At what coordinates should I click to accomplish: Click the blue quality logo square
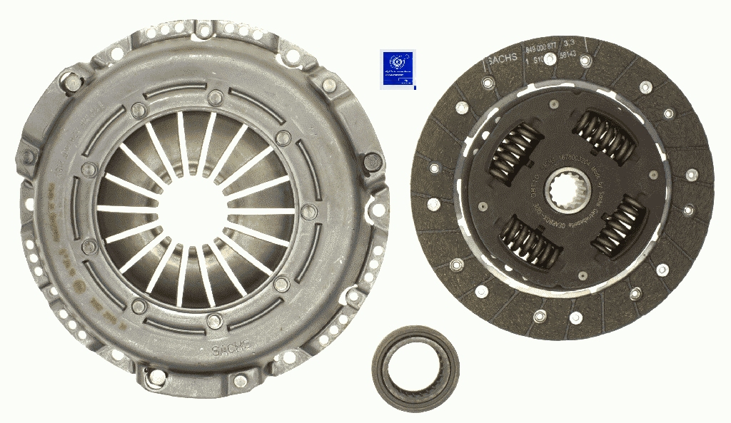click(398, 68)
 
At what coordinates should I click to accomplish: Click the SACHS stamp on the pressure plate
click(231, 348)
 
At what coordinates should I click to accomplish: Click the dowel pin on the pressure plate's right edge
click(371, 162)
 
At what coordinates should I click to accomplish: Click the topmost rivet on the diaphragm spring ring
click(215, 97)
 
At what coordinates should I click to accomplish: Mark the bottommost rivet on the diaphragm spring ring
click(213, 320)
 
